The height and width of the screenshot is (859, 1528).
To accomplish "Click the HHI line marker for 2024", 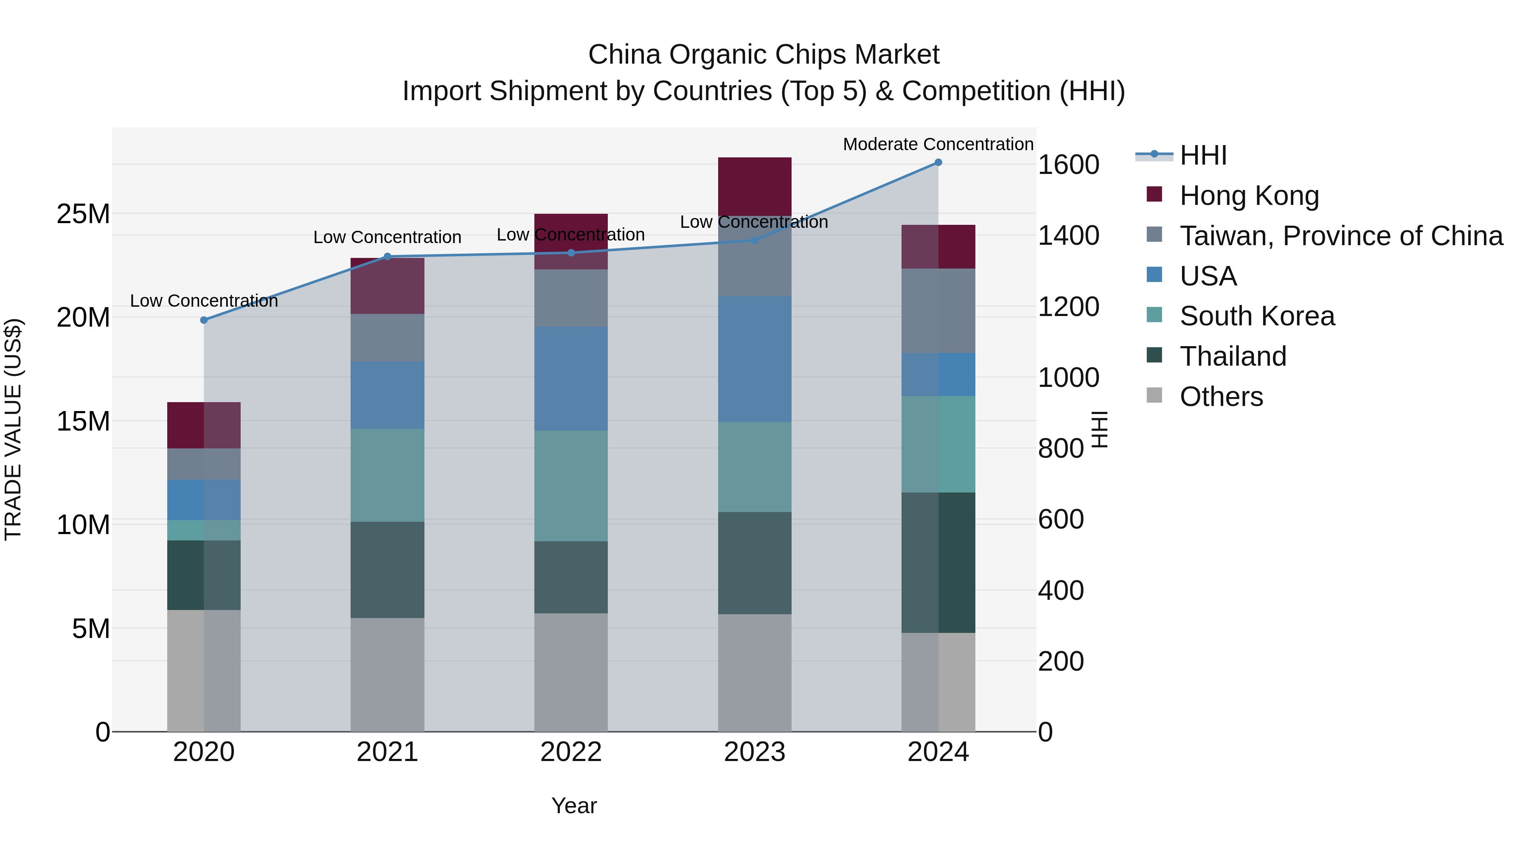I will (x=938, y=162).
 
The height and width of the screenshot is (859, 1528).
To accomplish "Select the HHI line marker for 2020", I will (x=204, y=320).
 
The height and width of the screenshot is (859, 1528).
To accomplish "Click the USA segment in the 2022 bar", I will (x=570, y=379).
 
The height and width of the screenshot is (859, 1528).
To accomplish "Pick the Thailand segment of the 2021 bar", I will (x=388, y=570).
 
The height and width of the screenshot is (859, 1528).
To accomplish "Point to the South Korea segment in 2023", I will (x=755, y=467).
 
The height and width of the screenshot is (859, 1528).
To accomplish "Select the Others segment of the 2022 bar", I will (x=570, y=672).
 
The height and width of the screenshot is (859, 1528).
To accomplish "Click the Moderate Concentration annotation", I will (x=938, y=144).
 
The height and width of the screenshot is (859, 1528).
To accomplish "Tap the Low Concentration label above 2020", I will (x=204, y=301).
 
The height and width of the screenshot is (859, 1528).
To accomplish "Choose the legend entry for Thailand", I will (x=1233, y=356).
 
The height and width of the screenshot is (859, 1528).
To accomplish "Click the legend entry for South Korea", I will (x=1257, y=316).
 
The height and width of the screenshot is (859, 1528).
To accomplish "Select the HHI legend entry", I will (x=1203, y=155).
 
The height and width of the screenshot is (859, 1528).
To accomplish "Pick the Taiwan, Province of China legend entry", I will (x=1340, y=236).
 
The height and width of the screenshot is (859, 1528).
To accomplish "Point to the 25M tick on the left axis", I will (x=84, y=214).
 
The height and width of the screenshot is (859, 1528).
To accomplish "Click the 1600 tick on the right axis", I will (x=1068, y=165).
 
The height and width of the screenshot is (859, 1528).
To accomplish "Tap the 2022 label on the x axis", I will (x=570, y=752).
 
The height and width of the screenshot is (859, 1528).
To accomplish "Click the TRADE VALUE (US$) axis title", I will (x=13, y=429).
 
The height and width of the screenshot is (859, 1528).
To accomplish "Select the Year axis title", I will (x=573, y=806).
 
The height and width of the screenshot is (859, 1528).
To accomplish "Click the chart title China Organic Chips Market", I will (x=764, y=55).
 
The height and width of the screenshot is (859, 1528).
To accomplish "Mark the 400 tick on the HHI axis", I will (x=1061, y=590).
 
